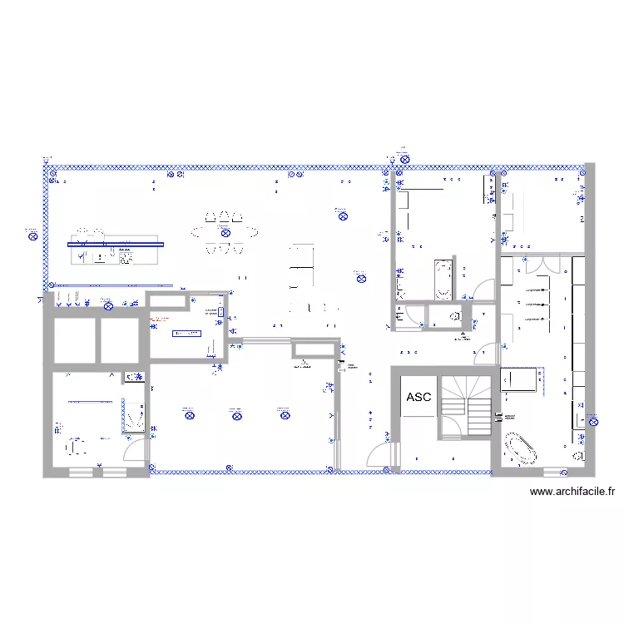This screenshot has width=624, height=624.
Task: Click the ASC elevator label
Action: pyautogui.click(x=418, y=397)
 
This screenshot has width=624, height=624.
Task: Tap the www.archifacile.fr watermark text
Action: pyautogui.click(x=572, y=492)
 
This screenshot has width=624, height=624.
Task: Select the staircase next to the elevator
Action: pyautogui.click(x=466, y=405)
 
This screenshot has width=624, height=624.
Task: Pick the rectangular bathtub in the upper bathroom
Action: pyautogui.click(x=443, y=278)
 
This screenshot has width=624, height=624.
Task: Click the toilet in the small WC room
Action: pyautogui.click(x=453, y=316)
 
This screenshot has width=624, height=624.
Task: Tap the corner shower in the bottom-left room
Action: pyautogui.click(x=134, y=416)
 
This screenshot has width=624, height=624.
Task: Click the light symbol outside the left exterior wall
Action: pyautogui.click(x=32, y=235)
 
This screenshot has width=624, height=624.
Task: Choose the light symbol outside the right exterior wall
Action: pyautogui.click(x=594, y=421)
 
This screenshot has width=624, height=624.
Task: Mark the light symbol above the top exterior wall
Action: pyautogui.click(x=402, y=156)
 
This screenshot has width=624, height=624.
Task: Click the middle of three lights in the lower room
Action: pyautogui.click(x=236, y=412)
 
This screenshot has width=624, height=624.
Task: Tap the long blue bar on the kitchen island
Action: pyautogui.click(x=116, y=244)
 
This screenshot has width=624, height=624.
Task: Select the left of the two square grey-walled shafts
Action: pyautogui.click(x=73, y=339)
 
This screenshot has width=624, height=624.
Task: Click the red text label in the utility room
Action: pyautogui.click(x=159, y=319)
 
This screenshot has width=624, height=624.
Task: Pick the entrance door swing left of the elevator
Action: pyautogui.click(x=380, y=456)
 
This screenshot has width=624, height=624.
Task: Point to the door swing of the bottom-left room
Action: pyautogui.click(x=133, y=449)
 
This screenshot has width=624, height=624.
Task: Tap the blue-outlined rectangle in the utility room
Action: pyautogui.click(x=186, y=333)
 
